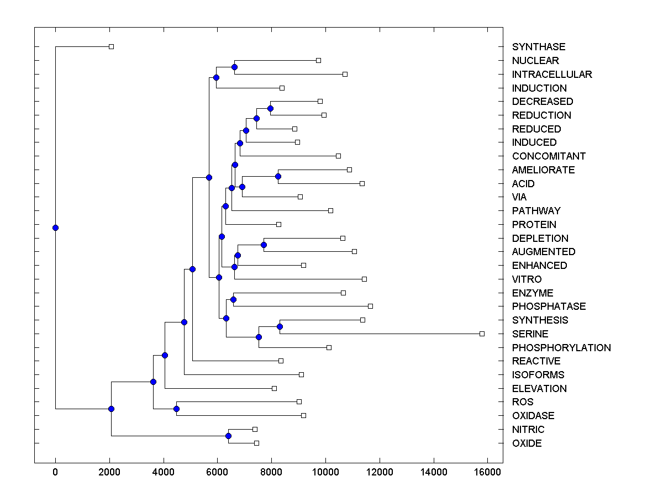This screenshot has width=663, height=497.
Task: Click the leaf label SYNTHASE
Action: (x=538, y=47)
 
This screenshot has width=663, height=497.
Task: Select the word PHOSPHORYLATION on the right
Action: (x=561, y=348)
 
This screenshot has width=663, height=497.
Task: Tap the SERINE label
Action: (x=530, y=334)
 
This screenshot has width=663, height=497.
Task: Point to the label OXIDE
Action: (x=527, y=443)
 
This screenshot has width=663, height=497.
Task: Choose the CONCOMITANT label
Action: (x=548, y=156)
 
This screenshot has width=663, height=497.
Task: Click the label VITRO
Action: (x=527, y=279)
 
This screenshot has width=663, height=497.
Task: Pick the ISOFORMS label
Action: (x=538, y=375)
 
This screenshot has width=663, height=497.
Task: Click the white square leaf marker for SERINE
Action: (x=482, y=334)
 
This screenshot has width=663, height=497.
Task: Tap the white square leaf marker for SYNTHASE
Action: (x=111, y=46)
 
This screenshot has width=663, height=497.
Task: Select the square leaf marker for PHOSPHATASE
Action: (x=370, y=306)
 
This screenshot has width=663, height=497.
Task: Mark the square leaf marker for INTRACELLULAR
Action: (x=345, y=74)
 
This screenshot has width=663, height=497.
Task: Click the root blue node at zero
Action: (x=55, y=228)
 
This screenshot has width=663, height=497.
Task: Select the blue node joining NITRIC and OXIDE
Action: (x=228, y=436)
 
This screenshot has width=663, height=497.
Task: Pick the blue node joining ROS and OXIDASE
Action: (x=176, y=409)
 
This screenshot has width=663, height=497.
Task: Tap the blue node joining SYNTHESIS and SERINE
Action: (x=280, y=327)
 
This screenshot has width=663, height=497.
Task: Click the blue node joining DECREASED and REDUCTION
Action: (x=270, y=108)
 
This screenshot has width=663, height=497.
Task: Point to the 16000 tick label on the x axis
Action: (x=488, y=472)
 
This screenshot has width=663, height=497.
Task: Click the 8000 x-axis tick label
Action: (x=271, y=472)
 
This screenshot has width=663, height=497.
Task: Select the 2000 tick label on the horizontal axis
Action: (x=109, y=472)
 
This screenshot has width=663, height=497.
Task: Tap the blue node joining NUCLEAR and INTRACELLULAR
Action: (x=234, y=67)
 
